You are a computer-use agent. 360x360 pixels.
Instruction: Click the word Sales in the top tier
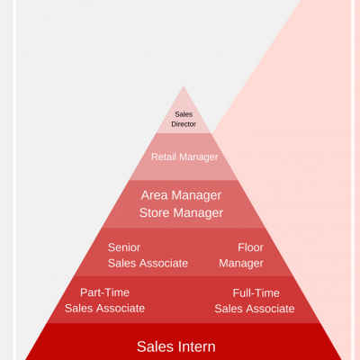[x=184, y=114]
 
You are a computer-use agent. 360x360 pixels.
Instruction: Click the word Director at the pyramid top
[x=184, y=124]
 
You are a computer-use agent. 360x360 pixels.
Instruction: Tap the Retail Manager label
[x=184, y=157]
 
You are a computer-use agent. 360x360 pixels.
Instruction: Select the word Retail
[x=164, y=157]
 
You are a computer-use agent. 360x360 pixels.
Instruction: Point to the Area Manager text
[x=181, y=195]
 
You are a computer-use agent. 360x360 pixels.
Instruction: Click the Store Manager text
[x=181, y=213]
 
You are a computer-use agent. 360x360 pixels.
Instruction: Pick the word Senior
[x=124, y=247]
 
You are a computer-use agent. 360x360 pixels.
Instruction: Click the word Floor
[x=250, y=247]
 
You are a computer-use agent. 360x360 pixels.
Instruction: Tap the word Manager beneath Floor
[x=241, y=264]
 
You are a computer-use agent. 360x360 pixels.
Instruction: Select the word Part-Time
[x=104, y=292]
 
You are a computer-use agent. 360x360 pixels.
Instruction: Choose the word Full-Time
[x=256, y=293]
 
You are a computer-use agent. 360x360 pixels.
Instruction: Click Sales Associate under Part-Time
[x=104, y=309]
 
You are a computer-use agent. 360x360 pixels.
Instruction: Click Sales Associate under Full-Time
[x=255, y=309]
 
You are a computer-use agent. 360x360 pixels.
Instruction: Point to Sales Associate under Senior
[x=148, y=264]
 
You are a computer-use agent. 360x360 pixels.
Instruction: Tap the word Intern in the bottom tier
[x=196, y=346]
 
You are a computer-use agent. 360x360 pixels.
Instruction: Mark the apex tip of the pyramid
[x=184, y=86]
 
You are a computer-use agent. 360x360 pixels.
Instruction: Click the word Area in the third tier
[x=154, y=195]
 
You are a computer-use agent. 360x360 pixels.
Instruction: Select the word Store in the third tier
[x=155, y=213]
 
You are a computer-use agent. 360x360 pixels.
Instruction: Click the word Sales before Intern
[x=156, y=346]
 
